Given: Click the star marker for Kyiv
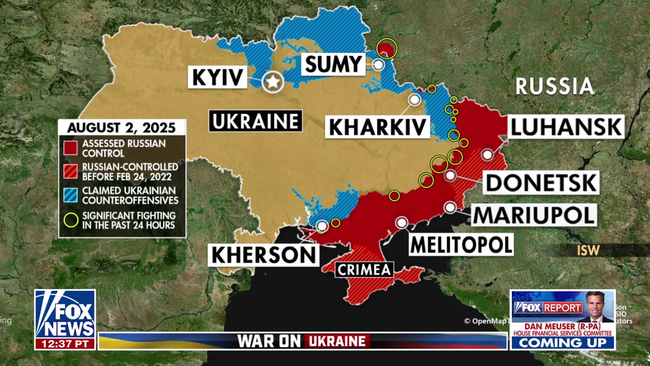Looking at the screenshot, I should (x=273, y=81).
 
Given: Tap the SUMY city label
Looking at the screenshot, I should (x=333, y=65).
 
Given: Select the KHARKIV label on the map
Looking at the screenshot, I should (x=377, y=127).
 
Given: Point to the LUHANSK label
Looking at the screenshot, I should (x=566, y=127).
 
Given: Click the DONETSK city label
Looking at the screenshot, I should (x=541, y=182).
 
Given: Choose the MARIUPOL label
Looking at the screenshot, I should (x=534, y=215).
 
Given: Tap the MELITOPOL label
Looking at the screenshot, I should (x=461, y=245).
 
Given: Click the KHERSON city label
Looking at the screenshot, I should (x=264, y=255).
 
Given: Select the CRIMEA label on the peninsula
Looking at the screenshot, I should (x=364, y=269).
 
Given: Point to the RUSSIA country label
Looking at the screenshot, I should (x=555, y=86).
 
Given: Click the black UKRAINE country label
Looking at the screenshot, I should (x=255, y=121).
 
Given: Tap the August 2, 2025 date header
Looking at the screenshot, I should (x=121, y=127).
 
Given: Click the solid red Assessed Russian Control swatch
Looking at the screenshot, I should (x=71, y=148).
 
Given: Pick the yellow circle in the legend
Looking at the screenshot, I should (x=71, y=220).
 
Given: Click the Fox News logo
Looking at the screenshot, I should (x=65, y=313).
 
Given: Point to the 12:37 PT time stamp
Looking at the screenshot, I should (x=65, y=344).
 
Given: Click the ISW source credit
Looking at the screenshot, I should (x=588, y=250).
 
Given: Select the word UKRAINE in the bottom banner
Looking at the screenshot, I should (x=337, y=341).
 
